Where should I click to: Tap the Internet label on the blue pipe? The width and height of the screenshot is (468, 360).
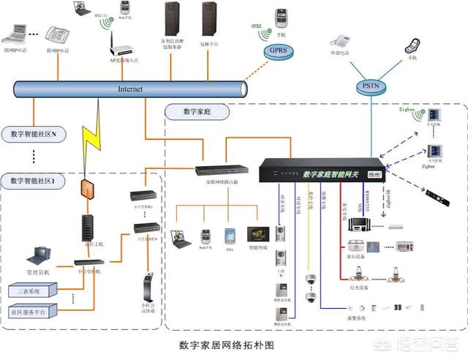pyautogui.click(x=130, y=89)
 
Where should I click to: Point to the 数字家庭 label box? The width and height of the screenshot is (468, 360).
pyautogui.click(x=197, y=112)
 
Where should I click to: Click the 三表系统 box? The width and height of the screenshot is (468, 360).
pyautogui.click(x=34, y=290)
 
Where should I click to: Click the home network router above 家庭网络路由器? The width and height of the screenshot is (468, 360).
pyautogui.click(x=222, y=170)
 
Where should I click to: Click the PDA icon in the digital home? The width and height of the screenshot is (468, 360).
pyautogui.click(x=230, y=236)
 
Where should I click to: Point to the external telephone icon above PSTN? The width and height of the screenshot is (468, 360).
pyautogui.click(x=340, y=41)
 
